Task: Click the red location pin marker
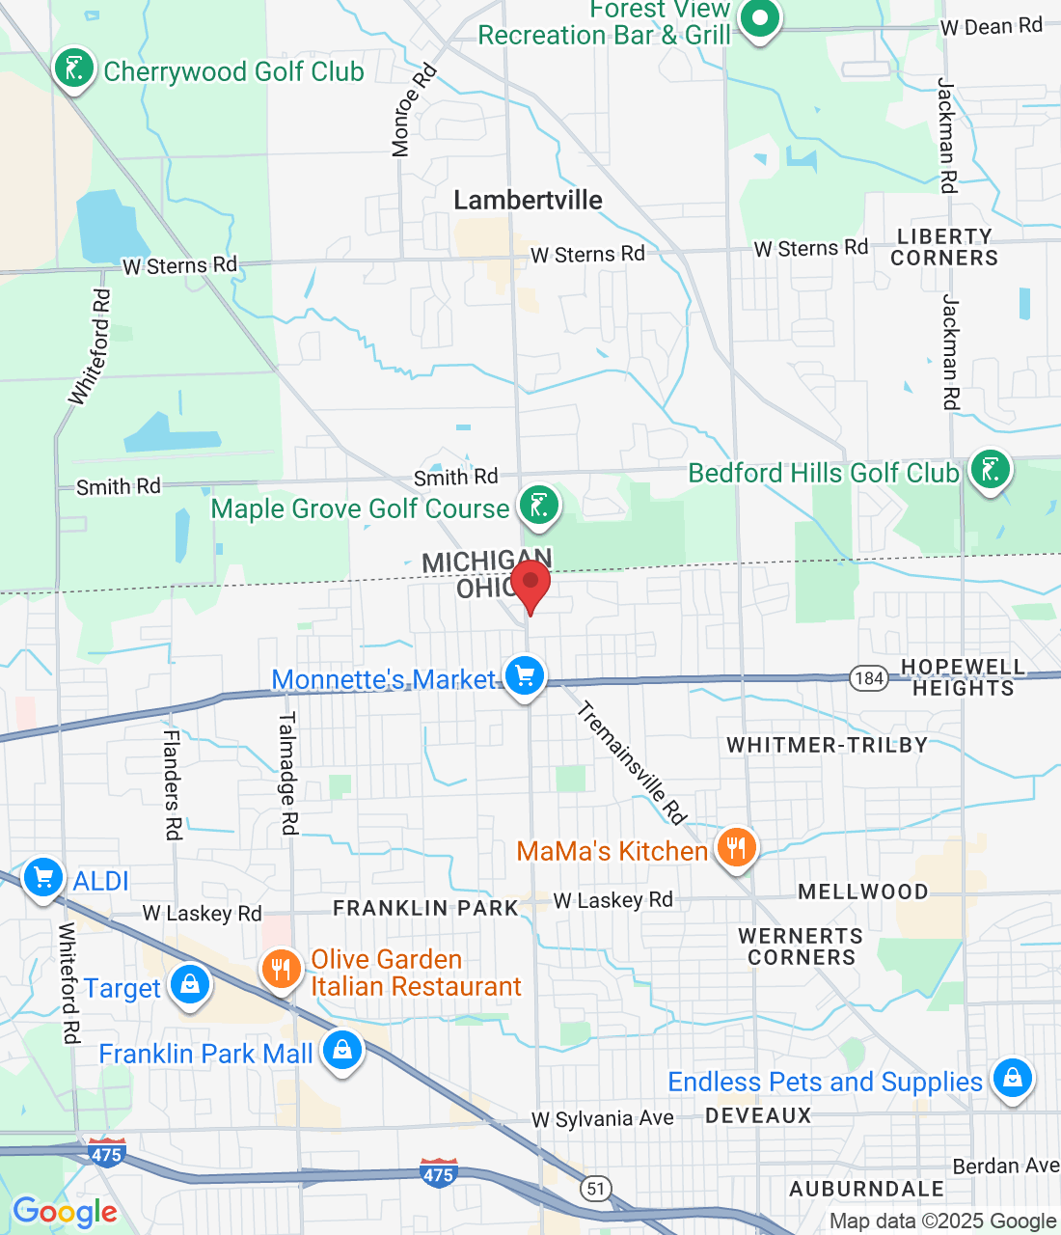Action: point(530,585)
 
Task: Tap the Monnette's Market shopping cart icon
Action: point(525,676)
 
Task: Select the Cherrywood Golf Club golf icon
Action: point(73,69)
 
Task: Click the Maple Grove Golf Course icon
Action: point(538,505)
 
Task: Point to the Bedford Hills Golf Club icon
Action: point(990,470)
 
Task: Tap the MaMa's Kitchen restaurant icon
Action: point(736,849)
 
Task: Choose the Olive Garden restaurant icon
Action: point(282,969)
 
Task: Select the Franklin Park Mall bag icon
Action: point(341,1051)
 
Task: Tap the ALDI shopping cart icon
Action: point(43,878)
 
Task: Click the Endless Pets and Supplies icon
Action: point(1012,1078)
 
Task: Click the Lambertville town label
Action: point(528,200)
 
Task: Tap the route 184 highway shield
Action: point(868,677)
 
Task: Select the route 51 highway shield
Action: point(596,1188)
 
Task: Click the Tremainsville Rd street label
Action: point(631,763)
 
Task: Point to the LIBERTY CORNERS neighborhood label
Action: point(943,247)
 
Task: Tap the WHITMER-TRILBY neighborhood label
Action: point(827,745)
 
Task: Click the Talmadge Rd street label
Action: point(287,773)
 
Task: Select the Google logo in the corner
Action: point(65,1212)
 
